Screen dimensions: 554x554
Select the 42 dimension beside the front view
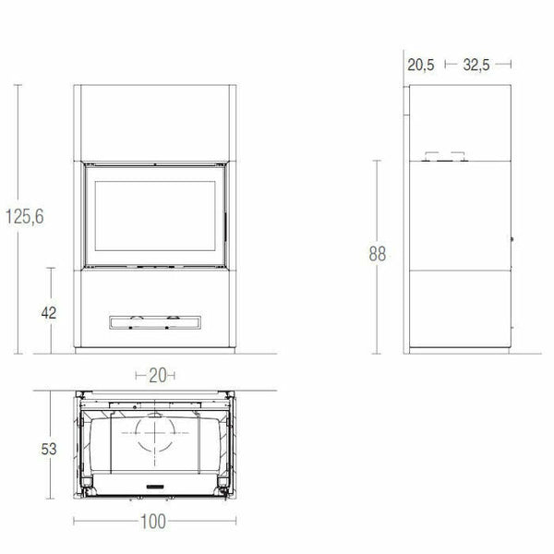pyautogui.click(x=48, y=312)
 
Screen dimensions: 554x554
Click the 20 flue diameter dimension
pyautogui.click(x=155, y=375)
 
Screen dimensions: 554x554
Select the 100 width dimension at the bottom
pyautogui.click(x=155, y=522)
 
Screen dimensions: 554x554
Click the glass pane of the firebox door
pyautogui.click(x=155, y=214)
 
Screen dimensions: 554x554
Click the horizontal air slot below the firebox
pyautogui.click(x=154, y=321)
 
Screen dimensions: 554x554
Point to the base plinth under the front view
pyautogui.click(x=155, y=353)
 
